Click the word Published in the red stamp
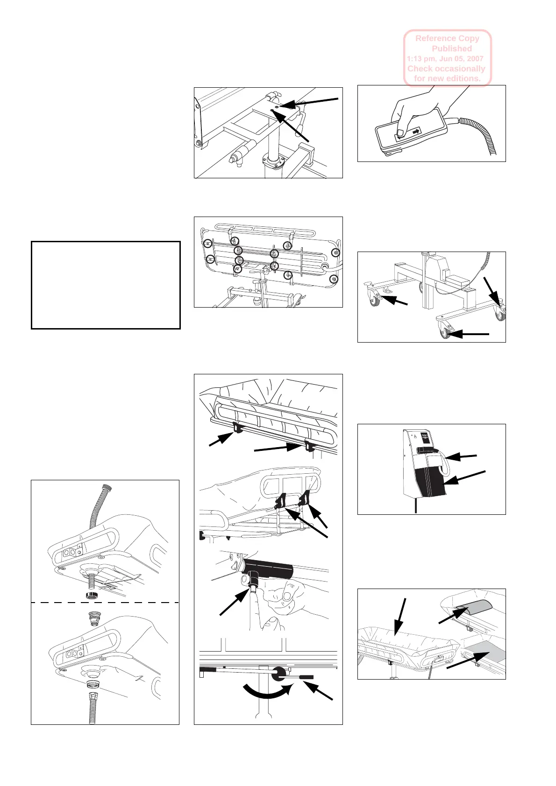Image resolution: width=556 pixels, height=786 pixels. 451,49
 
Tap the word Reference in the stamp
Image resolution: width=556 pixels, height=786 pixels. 435,39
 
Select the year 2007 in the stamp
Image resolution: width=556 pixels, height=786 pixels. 474,59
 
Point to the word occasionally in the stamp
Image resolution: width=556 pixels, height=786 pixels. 460,69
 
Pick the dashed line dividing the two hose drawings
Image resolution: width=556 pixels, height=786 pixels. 105,603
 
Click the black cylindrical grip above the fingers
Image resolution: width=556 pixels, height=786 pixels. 269,567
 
